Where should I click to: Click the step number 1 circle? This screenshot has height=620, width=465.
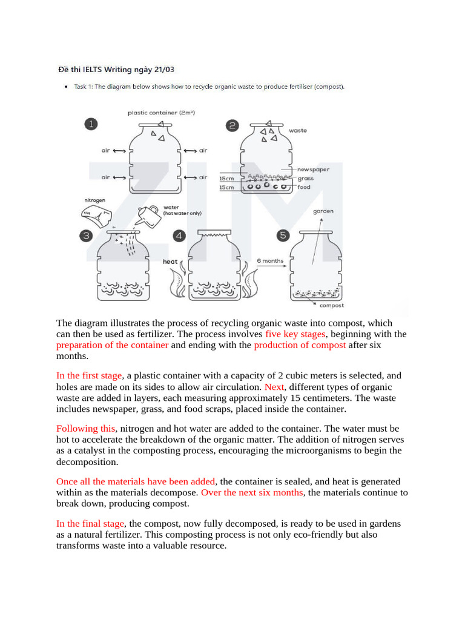[91, 124]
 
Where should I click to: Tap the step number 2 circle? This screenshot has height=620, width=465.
[232, 126]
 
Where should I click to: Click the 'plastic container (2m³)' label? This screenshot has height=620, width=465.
[161, 113]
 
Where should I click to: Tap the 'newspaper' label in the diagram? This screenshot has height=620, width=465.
[314, 170]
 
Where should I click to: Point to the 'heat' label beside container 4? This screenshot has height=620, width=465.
[170, 262]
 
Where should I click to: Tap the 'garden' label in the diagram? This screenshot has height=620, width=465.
[323, 211]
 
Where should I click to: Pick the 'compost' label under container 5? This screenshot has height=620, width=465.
[332, 306]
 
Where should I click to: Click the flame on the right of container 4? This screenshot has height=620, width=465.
[252, 285]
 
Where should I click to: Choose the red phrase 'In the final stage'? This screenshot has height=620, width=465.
[90, 523]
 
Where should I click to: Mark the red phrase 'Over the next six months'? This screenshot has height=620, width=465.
[251, 492]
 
